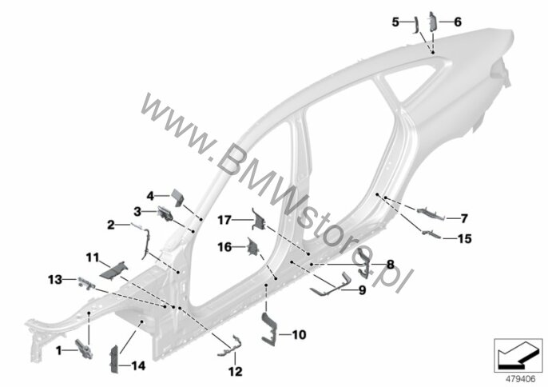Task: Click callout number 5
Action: coord(395,22)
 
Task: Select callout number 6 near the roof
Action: coord(458,22)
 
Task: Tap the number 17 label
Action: coord(224,220)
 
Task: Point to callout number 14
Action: coord(138,366)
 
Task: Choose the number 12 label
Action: coord(235,371)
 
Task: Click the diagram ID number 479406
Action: coord(521,379)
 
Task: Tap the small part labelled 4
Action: coord(177,197)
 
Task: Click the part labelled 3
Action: coord(165,213)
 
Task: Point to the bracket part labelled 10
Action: coord(269,328)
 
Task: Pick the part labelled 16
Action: coord(252,247)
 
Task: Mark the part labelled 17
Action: coord(258,219)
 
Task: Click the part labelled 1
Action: coord(84,349)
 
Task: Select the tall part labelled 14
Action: coord(114,359)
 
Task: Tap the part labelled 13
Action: coord(85,282)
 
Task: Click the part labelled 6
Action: coord(432,22)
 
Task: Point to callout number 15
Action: coord(464,239)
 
